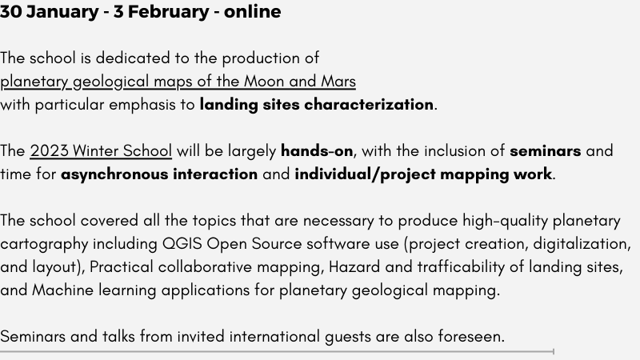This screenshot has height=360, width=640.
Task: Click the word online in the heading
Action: click(252, 11)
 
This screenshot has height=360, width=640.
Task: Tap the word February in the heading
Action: click(168, 11)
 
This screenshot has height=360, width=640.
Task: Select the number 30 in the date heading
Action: click(10, 11)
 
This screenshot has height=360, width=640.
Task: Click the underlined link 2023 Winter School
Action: click(101, 151)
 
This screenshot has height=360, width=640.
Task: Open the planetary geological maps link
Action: click(178, 82)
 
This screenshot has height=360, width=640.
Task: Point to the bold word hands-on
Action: click(317, 151)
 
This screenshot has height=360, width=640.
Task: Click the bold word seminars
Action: click(546, 151)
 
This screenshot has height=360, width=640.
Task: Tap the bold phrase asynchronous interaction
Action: click(159, 174)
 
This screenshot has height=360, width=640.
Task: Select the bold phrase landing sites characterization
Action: click(316, 105)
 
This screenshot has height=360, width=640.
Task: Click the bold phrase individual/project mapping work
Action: click(423, 174)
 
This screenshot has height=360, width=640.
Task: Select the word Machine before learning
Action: click(63, 290)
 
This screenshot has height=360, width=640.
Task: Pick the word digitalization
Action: click(582, 244)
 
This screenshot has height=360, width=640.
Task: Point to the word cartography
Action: click(44, 244)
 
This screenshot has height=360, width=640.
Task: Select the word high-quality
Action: click(506, 221)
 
